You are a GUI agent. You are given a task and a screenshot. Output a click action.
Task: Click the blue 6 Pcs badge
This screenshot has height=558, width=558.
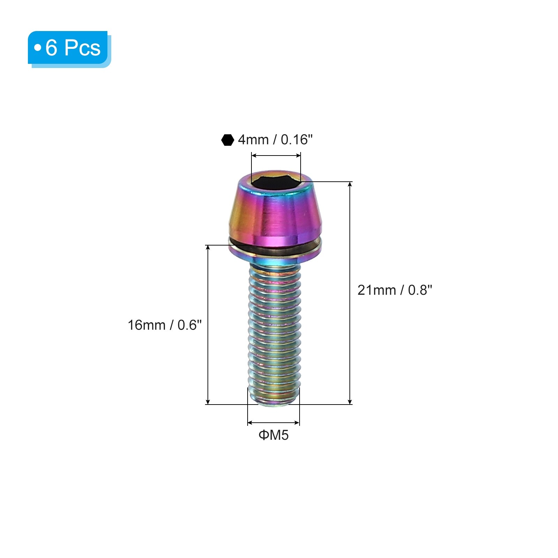[69, 49]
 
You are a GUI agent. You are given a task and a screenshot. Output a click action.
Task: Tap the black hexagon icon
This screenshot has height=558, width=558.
[228, 140]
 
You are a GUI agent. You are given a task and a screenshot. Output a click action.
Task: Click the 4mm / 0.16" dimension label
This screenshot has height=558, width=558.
[275, 140]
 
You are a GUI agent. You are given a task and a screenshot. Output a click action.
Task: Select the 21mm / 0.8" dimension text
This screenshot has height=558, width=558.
[395, 290]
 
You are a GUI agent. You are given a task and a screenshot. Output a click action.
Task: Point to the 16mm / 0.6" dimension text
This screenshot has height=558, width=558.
[165, 325]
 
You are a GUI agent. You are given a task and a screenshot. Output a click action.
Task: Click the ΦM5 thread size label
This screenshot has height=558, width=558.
[273, 435]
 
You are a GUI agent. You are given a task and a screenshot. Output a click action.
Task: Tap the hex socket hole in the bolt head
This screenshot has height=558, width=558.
[276, 182]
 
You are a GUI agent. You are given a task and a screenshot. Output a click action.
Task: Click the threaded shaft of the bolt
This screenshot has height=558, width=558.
[274, 331]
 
